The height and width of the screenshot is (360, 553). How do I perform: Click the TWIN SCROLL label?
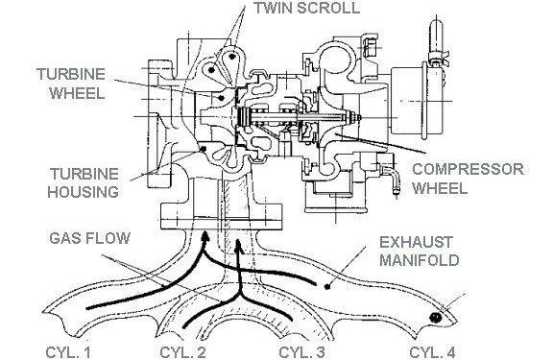coord(307,8)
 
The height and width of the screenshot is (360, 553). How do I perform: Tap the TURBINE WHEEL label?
coord(72,84)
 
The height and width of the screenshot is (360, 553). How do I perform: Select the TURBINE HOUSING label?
coord(84,183)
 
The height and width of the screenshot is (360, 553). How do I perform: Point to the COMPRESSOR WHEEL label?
coord(468,179)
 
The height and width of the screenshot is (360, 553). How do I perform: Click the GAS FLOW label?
coord(89,238)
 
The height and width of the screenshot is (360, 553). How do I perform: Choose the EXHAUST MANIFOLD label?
coord(420,252)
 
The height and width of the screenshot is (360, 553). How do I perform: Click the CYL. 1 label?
coord(68,352)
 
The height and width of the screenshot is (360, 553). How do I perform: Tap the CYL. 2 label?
coord(182,352)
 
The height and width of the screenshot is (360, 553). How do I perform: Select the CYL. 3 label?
coord(301,352)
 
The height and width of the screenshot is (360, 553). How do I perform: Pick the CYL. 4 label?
coord(432,352)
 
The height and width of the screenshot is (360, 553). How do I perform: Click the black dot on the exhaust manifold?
coord(327,287)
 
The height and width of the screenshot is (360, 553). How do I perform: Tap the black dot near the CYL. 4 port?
coord(436,318)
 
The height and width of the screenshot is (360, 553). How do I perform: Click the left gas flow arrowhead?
coord(204,236)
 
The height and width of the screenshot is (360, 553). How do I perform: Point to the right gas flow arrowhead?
coord(238,245)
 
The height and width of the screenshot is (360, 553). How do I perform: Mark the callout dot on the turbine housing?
coord(203,149)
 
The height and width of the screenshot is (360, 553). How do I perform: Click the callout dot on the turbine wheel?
coord(221,98)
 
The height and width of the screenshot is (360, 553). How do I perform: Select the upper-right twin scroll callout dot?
coord(231,56)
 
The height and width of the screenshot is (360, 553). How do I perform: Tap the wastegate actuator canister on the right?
coord(418,101)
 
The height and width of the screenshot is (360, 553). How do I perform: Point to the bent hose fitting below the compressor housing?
coord(392,177)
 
